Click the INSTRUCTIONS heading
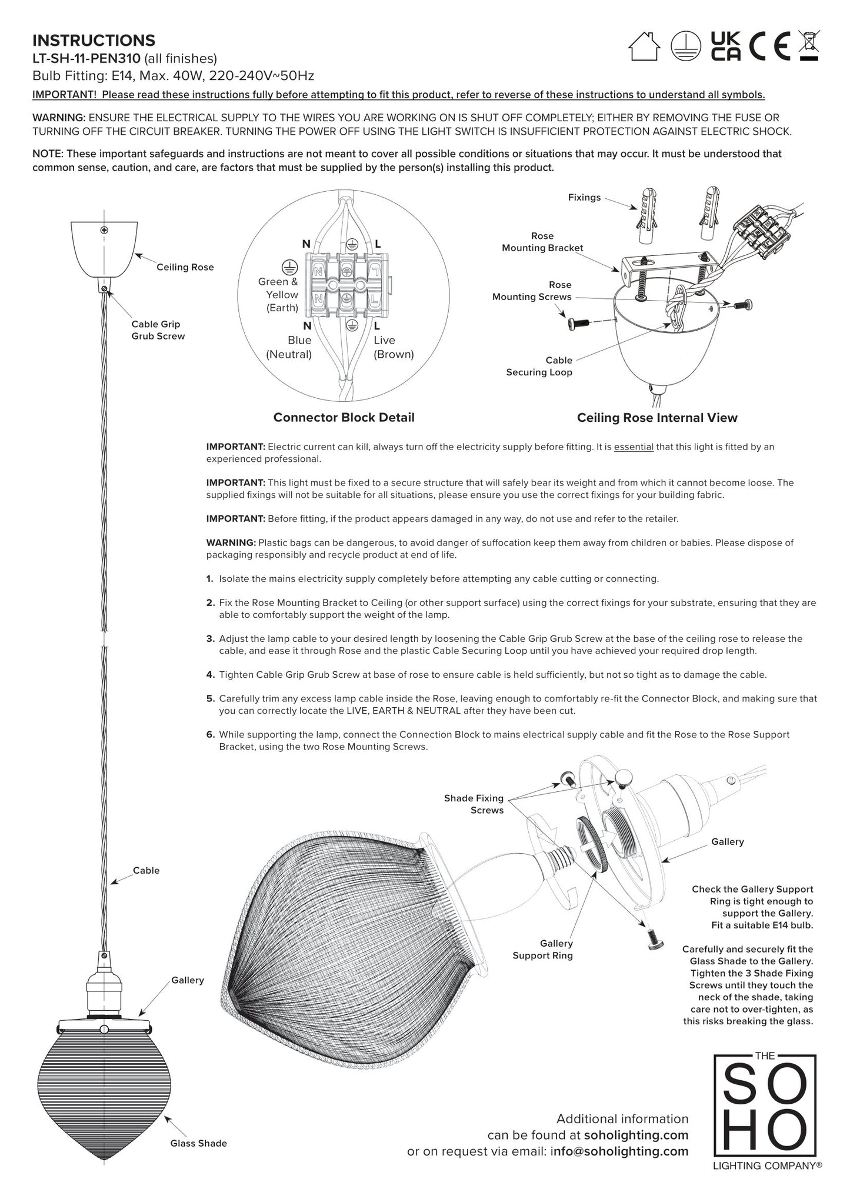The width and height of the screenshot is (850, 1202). tap(94, 41)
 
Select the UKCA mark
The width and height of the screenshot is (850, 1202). tap(725, 46)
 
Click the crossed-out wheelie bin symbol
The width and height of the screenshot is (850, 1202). tap(809, 46)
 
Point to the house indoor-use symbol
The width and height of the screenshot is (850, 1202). tap(644, 46)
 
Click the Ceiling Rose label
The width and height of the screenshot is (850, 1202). tap(185, 267)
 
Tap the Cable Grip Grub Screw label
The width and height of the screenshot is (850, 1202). tap(158, 330)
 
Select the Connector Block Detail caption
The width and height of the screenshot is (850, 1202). tap(344, 417)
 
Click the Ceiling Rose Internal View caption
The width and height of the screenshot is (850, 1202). tap(656, 418)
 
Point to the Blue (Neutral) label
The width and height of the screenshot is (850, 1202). tap(289, 347)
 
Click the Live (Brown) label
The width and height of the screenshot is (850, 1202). tap(394, 347)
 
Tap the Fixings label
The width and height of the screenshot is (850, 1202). tap(584, 198)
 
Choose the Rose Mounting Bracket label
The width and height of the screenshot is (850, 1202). tap(542, 242)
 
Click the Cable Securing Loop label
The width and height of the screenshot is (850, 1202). tap(539, 366)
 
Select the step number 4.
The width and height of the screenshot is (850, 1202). tap(210, 675)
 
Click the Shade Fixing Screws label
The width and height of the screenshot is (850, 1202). tap(474, 804)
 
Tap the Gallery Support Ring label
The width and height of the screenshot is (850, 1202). tap(542, 950)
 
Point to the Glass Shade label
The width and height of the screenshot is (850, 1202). tap(198, 1143)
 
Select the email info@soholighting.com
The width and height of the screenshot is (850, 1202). tap(619, 1151)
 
